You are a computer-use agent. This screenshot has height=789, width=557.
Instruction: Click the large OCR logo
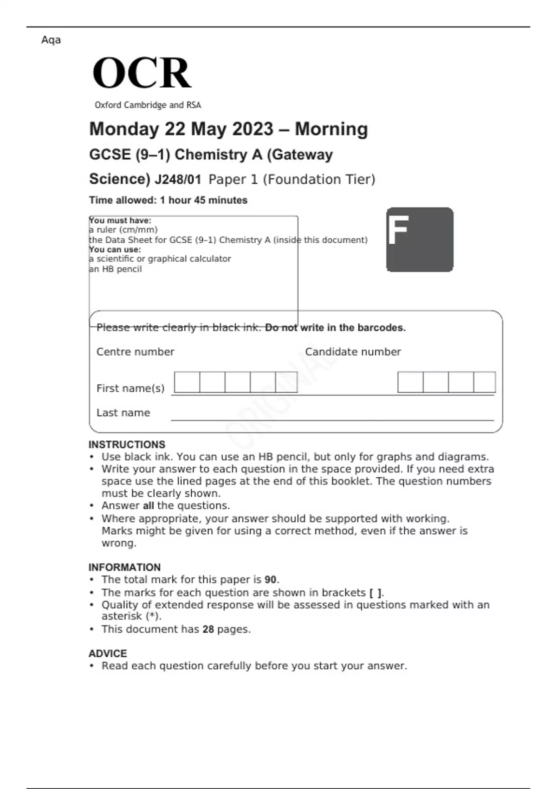click(x=142, y=73)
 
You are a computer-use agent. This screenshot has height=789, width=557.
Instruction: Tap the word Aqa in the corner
click(x=51, y=40)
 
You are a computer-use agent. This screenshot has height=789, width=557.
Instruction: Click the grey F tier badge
click(x=420, y=239)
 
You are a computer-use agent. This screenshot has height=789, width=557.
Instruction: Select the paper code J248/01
click(x=178, y=179)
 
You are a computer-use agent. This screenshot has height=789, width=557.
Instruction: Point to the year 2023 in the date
click(x=253, y=129)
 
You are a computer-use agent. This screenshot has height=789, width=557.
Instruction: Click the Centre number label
click(x=135, y=352)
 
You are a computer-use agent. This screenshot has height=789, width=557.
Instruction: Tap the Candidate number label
click(x=353, y=352)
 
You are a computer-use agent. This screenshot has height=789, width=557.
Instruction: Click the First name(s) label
click(x=130, y=388)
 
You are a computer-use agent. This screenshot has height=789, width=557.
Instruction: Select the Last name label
click(x=123, y=413)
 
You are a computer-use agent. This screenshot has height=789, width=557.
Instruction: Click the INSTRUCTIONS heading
click(x=127, y=444)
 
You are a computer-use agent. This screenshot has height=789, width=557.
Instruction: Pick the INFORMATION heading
click(x=124, y=567)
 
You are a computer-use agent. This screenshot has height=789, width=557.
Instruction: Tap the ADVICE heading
click(x=108, y=653)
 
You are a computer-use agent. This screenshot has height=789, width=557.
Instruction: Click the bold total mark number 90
click(x=270, y=580)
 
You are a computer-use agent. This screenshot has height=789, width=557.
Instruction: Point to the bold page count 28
click(x=208, y=629)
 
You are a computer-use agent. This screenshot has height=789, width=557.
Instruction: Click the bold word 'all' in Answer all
click(x=148, y=505)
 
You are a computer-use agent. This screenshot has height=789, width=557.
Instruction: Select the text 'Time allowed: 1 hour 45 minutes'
click(x=168, y=200)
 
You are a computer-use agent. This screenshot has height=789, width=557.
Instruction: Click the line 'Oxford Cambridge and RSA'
click(x=148, y=105)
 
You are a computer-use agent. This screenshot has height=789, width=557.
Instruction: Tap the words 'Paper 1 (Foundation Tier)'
click(x=291, y=179)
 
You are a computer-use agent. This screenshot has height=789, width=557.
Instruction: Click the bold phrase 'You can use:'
click(x=115, y=249)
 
